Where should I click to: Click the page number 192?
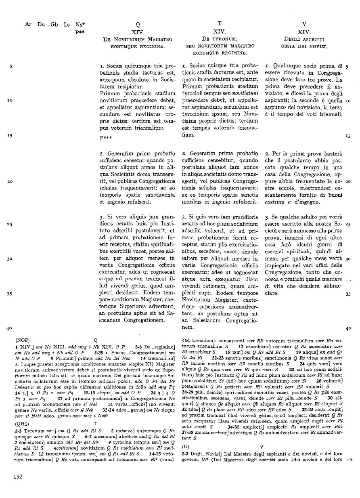(x=18, y=477)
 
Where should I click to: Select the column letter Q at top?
(x=138, y=24)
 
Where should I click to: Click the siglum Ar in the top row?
(x=28, y=24)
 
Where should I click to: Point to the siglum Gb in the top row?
(x=54, y=24)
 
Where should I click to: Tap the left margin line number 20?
(x=10, y=182)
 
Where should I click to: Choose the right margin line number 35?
(x=347, y=294)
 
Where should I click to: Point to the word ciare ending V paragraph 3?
(x=272, y=294)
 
